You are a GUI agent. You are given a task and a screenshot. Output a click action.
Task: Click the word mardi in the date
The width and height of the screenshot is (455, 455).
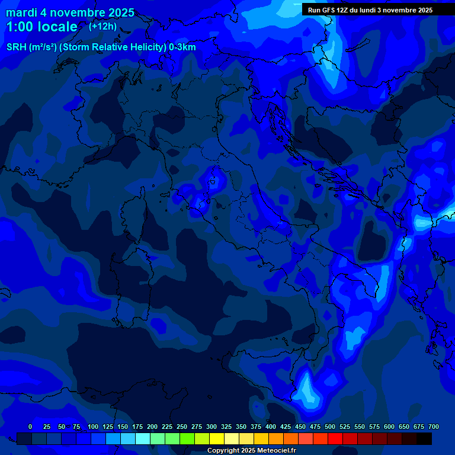tap(23, 12)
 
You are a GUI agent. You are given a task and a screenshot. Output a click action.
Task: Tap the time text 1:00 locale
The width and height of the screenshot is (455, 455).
tap(41, 27)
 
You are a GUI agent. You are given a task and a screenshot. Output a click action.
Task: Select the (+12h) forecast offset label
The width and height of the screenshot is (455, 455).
tap(102, 26)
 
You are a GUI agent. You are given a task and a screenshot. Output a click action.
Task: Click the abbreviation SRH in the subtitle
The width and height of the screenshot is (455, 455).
tap(17, 47)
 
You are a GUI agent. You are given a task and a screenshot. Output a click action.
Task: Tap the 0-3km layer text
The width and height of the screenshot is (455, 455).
tap(182, 47)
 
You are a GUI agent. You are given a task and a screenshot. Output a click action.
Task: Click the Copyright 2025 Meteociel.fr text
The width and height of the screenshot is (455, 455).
tap(251, 450)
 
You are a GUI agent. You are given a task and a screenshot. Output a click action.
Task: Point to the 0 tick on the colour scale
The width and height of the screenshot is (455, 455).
tap(30, 427)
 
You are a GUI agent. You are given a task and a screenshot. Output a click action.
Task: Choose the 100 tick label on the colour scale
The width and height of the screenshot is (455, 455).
tap(93, 427)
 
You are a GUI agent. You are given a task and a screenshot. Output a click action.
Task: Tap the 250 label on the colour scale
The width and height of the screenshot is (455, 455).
tap(182, 427)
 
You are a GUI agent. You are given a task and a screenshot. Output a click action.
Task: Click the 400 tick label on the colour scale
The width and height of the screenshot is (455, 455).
tap(271, 427)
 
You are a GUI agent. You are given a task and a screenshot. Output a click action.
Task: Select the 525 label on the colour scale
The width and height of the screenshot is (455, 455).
tap(345, 427)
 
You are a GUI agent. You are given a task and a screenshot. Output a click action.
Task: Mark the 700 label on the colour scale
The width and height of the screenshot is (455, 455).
tap(434, 427)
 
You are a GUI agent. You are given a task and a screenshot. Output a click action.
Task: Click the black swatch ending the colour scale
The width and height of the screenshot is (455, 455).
tap(424, 438)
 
